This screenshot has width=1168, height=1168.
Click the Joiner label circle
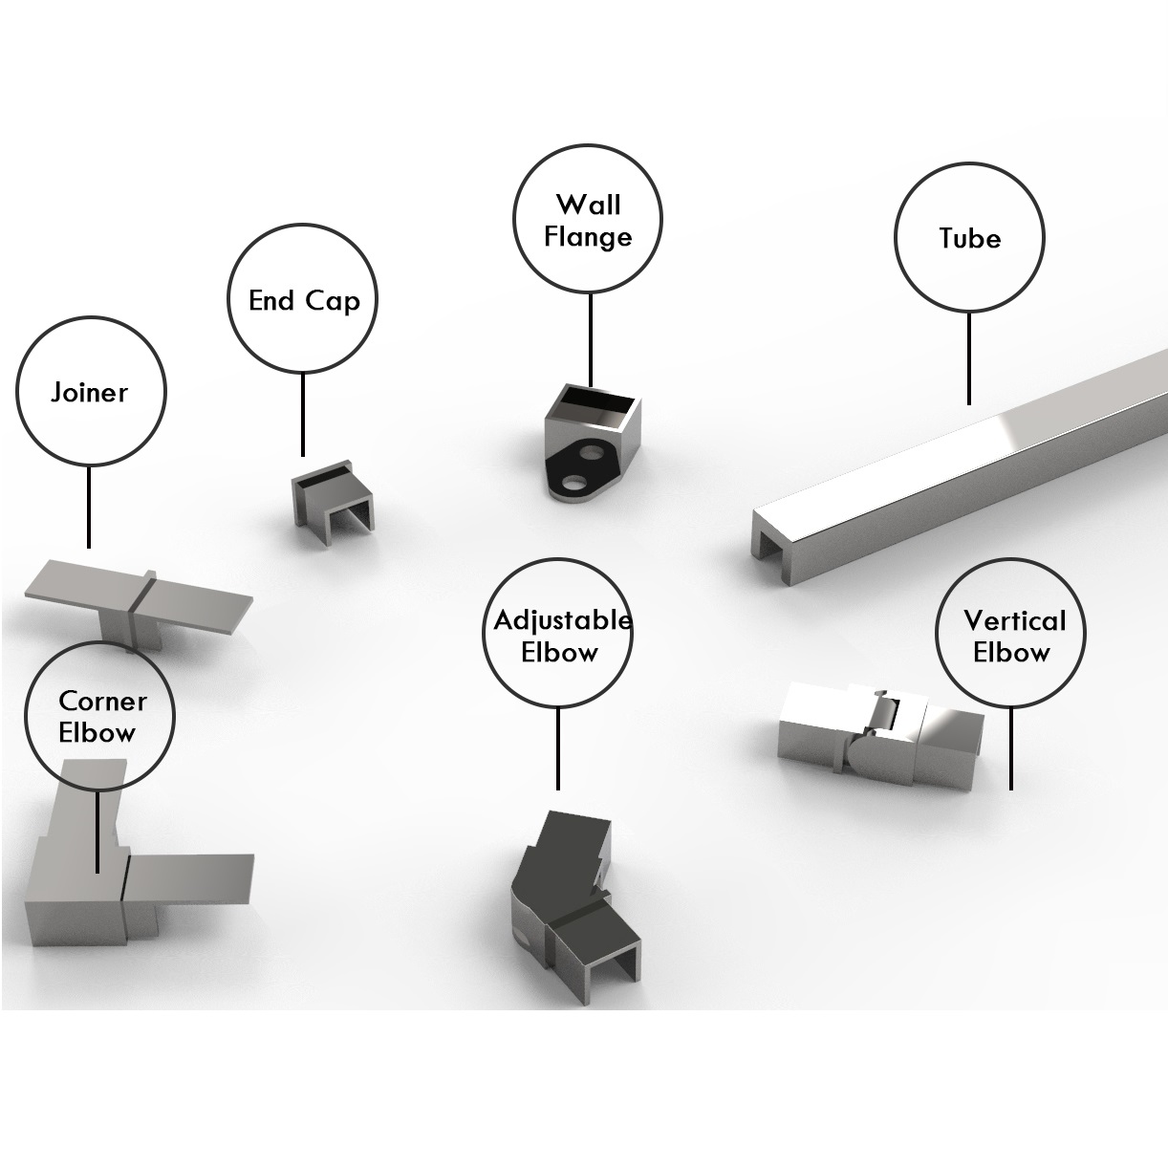click(x=91, y=392)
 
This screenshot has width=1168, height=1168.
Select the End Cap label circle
click(x=303, y=299)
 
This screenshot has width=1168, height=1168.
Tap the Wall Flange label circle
click(x=588, y=221)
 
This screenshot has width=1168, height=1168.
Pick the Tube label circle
click(x=969, y=238)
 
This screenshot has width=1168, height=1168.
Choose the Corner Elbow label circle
click(x=100, y=717)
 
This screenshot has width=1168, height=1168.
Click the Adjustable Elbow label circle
click(x=558, y=635)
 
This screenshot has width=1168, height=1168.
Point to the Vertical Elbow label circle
click(x=1011, y=635)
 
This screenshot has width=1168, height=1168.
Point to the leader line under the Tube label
click(x=969, y=358)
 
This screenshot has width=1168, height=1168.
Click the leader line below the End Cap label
click(x=303, y=415)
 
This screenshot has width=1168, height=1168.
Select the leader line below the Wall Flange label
click(x=590, y=339)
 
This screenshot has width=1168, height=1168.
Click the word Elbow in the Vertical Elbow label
click(x=1011, y=653)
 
